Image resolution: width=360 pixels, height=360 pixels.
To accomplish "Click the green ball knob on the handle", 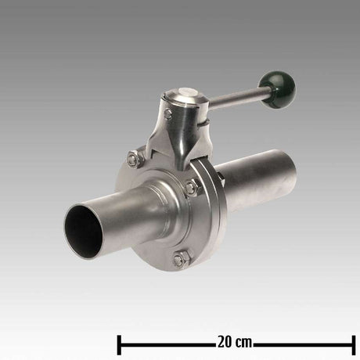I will [278, 87].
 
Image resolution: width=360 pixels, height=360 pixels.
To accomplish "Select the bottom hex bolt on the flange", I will [181, 257].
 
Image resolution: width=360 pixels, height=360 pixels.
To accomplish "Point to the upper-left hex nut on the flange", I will [133, 160].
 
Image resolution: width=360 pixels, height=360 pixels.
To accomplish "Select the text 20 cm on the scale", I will [234, 343].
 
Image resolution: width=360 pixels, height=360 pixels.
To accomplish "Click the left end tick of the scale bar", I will [118, 343].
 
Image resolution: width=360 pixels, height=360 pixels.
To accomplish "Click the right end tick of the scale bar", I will [354, 343].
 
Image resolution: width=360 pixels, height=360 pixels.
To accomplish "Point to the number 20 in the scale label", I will [224, 343].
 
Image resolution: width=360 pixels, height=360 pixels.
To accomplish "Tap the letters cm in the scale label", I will [243, 343].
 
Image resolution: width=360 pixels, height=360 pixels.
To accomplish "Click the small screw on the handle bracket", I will [167, 114].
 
